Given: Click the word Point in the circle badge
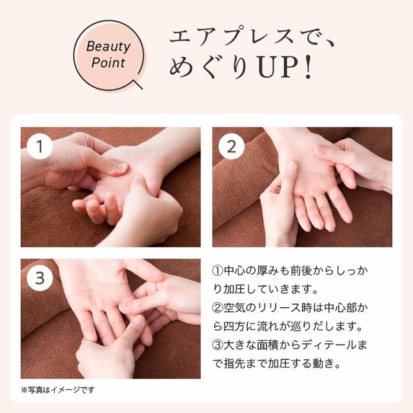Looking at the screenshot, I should (x=108, y=63).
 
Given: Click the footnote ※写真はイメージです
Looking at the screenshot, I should (x=57, y=390).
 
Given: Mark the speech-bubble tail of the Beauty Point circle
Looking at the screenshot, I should (x=137, y=82).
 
